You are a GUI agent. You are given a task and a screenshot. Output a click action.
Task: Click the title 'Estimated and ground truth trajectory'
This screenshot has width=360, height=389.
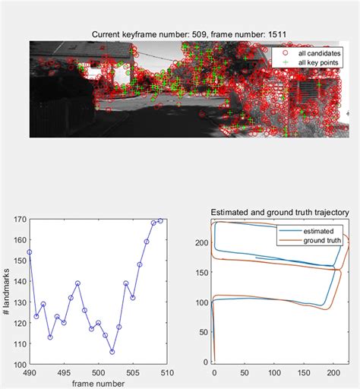279,212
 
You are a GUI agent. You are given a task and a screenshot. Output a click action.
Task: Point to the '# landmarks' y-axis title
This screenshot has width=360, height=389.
7,293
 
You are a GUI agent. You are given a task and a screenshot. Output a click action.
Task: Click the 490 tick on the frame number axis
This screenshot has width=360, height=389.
29,373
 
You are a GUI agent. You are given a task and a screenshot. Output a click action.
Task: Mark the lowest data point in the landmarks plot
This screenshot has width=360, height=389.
112,352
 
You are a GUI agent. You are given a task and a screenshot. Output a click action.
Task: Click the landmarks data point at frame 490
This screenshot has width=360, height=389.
29,251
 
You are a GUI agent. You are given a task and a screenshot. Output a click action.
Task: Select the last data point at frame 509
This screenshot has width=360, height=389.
160,221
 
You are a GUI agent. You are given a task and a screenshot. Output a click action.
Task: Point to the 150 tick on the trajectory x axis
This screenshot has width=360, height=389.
304,373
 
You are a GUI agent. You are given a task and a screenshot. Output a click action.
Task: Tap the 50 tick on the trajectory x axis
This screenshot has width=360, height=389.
244,373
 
